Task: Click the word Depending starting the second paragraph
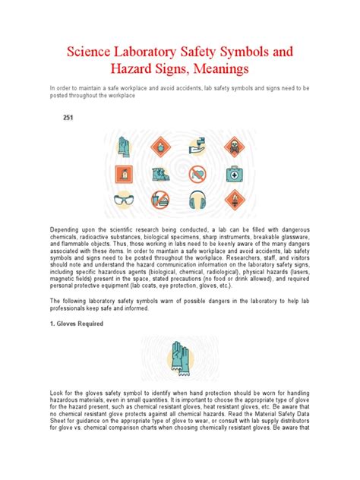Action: click(67, 229)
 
